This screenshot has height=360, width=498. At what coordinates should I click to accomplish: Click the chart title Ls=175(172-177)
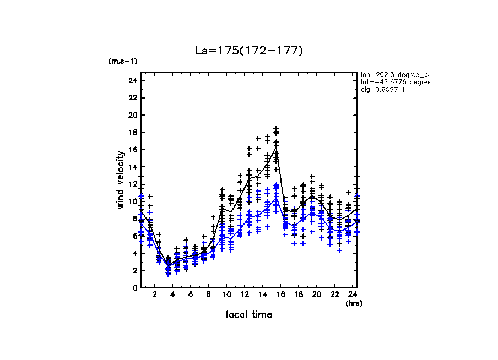tap(249, 51)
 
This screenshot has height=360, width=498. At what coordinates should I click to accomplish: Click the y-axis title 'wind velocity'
tap(120, 180)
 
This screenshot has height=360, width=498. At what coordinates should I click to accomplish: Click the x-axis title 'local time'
tap(248, 314)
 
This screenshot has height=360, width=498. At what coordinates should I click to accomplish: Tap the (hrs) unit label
tap(354, 303)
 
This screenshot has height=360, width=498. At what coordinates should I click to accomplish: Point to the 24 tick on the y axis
tap(132, 81)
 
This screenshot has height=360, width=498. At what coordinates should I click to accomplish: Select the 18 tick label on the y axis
tap(132, 133)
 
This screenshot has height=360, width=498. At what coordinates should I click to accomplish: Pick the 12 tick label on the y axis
tap(132, 184)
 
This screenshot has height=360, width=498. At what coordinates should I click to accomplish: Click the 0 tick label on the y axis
tap(134, 288)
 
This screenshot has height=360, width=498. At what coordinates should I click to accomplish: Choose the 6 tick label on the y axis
tap(134, 236)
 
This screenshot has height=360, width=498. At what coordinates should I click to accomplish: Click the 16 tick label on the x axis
tap(280, 295)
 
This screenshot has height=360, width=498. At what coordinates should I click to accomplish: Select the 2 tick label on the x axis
tap(154, 295)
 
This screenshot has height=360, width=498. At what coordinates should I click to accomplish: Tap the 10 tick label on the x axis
tap(226, 295)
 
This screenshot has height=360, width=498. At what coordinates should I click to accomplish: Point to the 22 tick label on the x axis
tap(334, 295)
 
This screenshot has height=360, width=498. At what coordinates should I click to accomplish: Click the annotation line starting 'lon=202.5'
tap(394, 74)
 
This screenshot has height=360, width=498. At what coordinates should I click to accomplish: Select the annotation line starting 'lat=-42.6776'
tap(394, 82)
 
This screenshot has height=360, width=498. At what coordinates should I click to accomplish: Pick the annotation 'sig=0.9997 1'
tap(383, 90)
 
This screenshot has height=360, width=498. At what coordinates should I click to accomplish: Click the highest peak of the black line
tap(276, 146)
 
